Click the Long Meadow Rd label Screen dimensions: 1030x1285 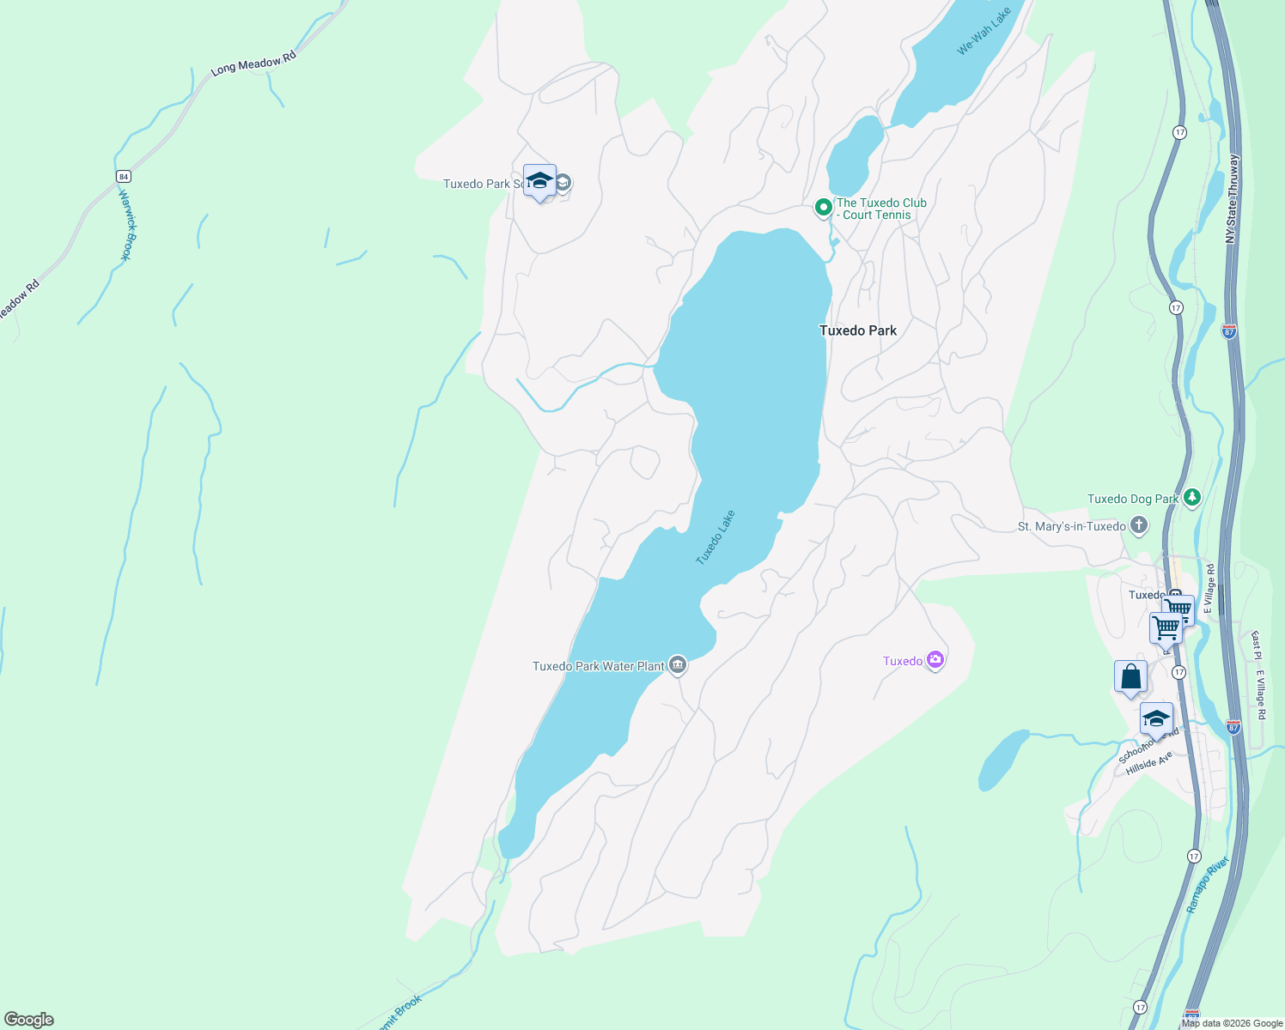253,63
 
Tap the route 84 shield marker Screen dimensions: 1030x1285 124,176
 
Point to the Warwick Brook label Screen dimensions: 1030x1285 126,224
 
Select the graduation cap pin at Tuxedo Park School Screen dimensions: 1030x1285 539,181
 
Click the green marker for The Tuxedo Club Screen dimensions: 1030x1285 823,207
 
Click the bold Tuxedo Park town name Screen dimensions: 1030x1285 857,330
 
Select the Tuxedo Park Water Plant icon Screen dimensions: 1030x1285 678,665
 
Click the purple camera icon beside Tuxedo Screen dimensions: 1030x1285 935,660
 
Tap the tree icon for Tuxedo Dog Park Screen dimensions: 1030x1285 1191,497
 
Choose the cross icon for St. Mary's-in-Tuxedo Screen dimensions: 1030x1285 1139,525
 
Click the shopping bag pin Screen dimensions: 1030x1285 1131,676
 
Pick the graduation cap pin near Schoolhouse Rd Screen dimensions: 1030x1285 1156,718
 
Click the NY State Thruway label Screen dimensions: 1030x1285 1233,198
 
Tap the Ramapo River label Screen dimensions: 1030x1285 1209,884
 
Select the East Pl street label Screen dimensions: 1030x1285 1255,646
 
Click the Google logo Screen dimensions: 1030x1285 29,1019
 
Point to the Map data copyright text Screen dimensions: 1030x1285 1232,1023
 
